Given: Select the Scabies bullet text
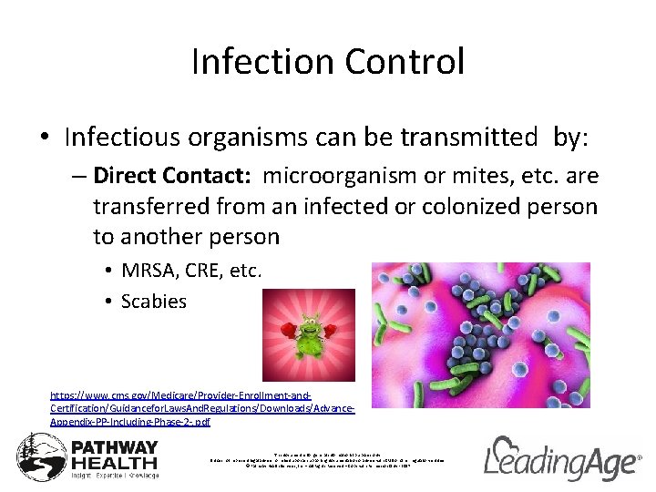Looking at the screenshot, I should click(x=153, y=302).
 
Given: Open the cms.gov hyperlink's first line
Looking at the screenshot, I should click(x=180, y=396).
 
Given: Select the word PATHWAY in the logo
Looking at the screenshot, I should click(x=115, y=448).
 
